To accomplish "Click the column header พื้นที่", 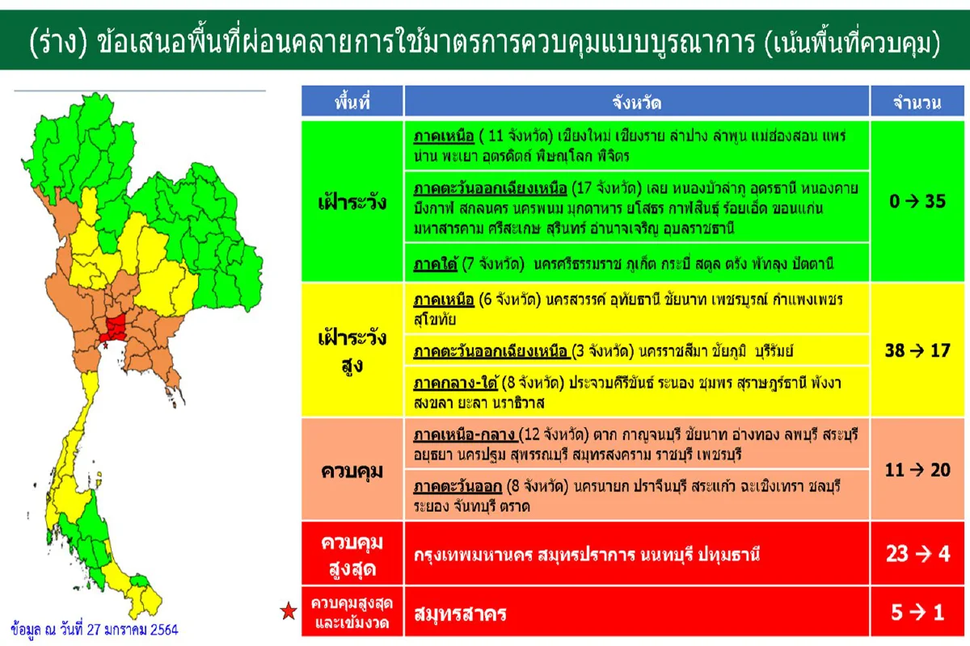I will tap(352, 103).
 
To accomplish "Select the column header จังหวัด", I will tap(637, 103).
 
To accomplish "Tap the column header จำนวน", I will tap(917, 103).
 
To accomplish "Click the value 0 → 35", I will tap(917, 201).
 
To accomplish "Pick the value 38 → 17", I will tap(917, 350).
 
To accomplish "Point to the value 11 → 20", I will tap(917, 469).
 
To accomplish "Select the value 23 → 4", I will tap(917, 554).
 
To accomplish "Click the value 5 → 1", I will tap(917, 613).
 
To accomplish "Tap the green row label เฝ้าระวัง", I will tap(352, 202).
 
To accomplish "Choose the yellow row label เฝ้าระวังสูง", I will tap(352, 351).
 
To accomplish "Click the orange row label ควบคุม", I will tap(352, 470).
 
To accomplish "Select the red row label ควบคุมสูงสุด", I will tap(352, 555).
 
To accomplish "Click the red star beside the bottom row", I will tap(287, 612).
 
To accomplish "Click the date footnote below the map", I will tap(95, 628).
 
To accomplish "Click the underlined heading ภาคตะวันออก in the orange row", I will tap(458, 488).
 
